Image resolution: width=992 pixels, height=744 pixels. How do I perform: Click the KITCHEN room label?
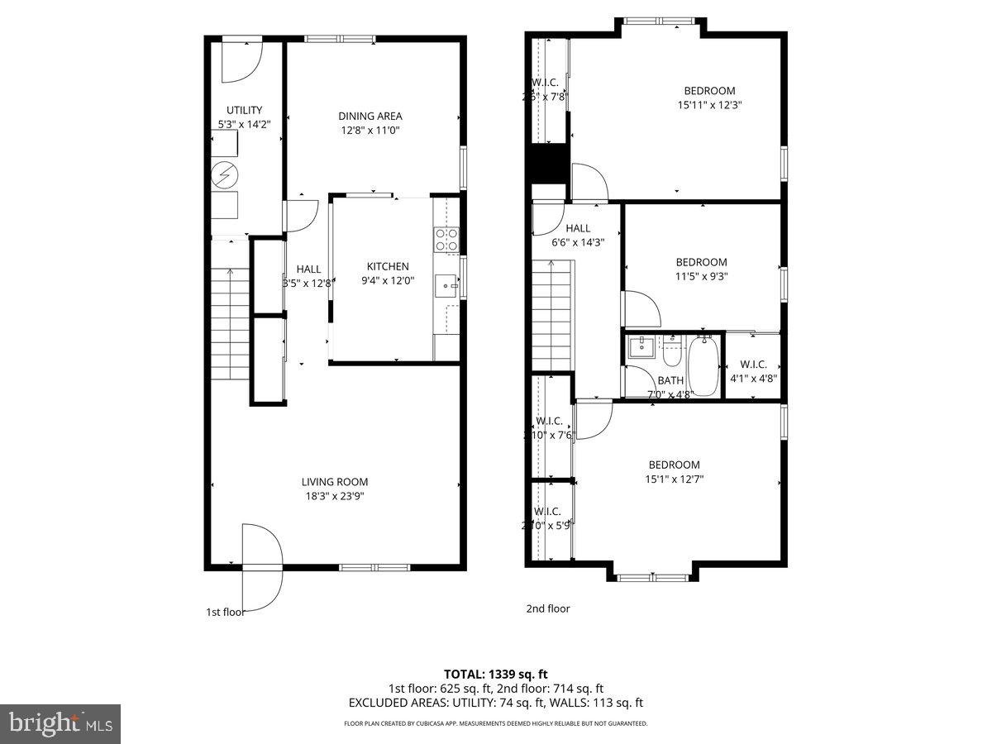coord(388,266)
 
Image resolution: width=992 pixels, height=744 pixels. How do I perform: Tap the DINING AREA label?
coord(370,117)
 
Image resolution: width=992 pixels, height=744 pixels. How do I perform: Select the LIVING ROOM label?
coord(335,482)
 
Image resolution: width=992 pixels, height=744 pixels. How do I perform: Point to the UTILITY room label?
coord(244,110)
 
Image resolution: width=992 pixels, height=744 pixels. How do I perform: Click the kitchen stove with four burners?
coord(446,240)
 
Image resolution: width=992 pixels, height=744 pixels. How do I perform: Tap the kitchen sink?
coord(447,286)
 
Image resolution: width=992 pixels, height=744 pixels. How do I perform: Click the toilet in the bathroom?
coord(670,353)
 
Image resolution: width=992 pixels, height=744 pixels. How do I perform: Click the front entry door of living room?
coord(262,550)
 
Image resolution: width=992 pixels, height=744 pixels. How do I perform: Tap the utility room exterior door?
coord(242,60)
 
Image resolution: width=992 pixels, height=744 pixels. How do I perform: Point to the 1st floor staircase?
coord(229,323)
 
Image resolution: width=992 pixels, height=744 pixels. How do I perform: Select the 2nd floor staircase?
coord(551,313)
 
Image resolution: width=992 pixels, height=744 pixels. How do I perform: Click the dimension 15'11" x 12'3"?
coord(709,105)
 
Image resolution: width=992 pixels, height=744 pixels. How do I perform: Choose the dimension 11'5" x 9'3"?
coord(701,277)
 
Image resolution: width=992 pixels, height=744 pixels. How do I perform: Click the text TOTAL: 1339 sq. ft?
coord(495,674)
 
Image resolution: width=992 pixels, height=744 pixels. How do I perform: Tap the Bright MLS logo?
coord(60,723)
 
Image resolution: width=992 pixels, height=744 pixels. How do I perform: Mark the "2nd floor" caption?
coord(548,608)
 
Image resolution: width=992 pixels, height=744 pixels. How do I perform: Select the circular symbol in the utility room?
coord(223,174)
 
